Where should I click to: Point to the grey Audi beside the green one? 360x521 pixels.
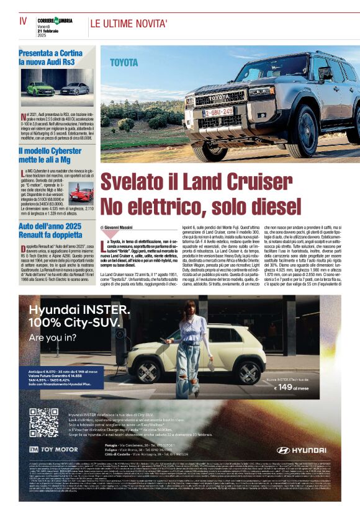74,88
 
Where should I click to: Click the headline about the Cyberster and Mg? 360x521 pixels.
50,154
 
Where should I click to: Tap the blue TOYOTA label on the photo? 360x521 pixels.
124,63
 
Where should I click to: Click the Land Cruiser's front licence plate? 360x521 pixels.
220,112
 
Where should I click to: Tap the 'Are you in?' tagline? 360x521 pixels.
54,337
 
